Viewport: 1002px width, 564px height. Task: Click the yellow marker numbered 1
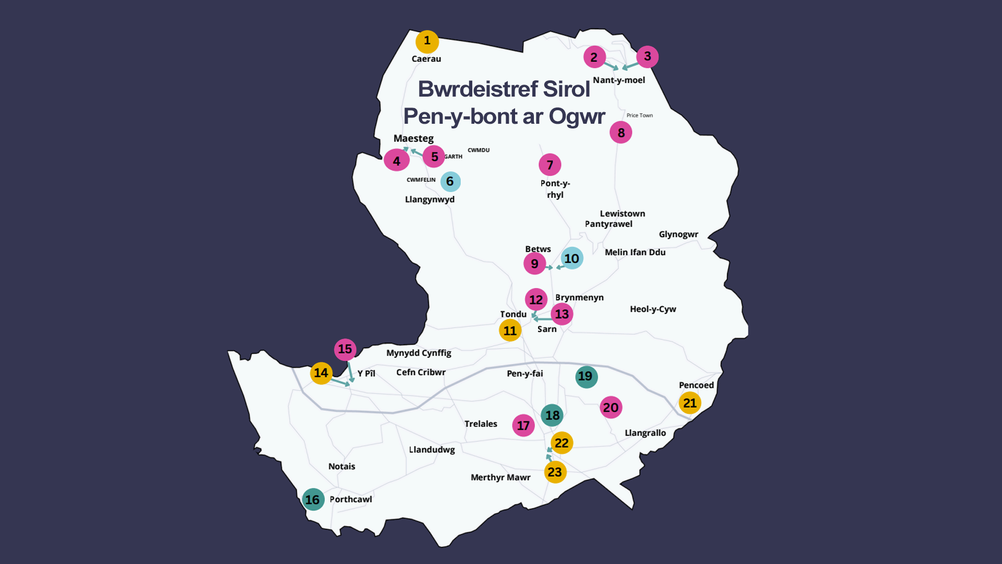(427, 41)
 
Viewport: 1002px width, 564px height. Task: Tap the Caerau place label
(426, 59)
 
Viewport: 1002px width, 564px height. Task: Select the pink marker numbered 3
(647, 56)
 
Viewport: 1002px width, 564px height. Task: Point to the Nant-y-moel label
(618, 80)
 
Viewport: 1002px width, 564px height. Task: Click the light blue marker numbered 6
(450, 182)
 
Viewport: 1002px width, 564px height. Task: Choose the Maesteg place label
(413, 138)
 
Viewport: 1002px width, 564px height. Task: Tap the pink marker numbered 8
(621, 133)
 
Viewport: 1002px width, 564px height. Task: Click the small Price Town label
(639, 115)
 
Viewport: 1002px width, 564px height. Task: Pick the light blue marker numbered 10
(571, 258)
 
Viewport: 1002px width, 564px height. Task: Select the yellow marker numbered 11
(510, 331)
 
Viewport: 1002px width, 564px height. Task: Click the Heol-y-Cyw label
(652, 309)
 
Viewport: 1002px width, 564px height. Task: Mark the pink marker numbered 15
(345, 349)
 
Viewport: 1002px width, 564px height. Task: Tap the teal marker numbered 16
(313, 500)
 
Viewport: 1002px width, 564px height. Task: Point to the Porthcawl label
(351, 499)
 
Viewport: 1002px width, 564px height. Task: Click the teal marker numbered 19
(586, 377)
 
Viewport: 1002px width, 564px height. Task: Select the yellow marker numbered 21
(689, 403)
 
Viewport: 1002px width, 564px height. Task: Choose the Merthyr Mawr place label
(500, 477)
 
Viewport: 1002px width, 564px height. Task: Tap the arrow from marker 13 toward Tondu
(542, 319)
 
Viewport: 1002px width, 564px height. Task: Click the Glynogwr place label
(678, 234)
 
